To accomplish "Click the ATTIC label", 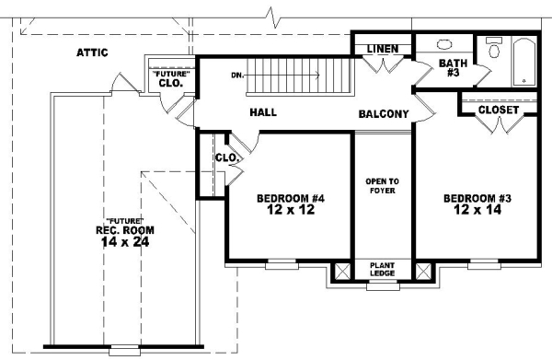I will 92,52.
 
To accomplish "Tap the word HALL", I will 263,113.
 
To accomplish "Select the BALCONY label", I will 384,115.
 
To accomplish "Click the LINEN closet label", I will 381,48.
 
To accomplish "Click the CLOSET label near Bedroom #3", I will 499,110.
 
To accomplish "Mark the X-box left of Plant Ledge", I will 342,271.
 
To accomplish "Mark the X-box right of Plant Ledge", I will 423,271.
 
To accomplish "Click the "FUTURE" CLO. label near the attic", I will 169,77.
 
